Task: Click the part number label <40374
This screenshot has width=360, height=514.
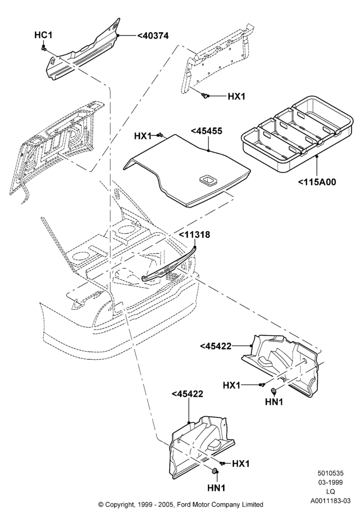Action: pos(153,35)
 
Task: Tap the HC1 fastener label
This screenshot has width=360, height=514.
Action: pos(43,35)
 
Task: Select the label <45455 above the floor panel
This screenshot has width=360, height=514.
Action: pos(207,131)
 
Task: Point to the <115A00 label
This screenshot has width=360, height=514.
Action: pos(317,182)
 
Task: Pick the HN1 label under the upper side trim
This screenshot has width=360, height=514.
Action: pos(274,401)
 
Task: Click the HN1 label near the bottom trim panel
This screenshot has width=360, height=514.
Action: pos(217,488)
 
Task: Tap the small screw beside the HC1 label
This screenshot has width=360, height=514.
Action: pos(44,48)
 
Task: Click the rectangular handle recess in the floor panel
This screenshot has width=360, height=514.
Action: pos(208,179)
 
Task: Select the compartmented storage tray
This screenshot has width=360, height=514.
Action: pos(297,134)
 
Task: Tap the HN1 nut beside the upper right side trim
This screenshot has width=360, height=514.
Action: pos(273,390)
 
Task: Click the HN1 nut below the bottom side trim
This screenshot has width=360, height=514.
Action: pos(215,471)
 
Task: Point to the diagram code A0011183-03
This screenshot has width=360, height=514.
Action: pos(331,501)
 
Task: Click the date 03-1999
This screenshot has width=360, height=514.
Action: pos(331,482)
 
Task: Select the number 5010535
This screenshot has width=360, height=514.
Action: pos(331,473)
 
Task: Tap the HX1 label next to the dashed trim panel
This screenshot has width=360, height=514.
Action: pos(237,97)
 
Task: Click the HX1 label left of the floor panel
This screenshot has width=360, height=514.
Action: pos(143,136)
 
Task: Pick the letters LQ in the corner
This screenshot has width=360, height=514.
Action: pos(331,491)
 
